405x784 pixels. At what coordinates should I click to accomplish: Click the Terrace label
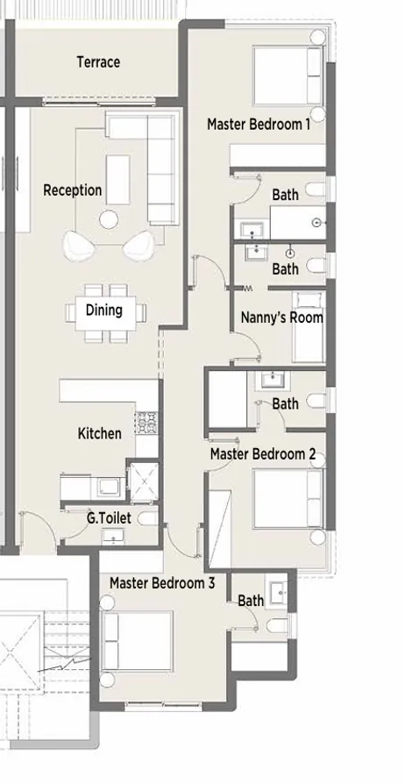pyautogui.click(x=98, y=62)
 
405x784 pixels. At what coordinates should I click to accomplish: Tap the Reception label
pyautogui.click(x=73, y=190)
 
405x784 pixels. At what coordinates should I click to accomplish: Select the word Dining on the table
pyautogui.click(x=103, y=310)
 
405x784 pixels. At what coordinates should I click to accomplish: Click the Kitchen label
pyautogui.click(x=100, y=433)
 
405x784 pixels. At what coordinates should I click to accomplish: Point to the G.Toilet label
pyautogui.click(x=109, y=518)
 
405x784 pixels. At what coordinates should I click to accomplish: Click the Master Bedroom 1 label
pyautogui.click(x=259, y=125)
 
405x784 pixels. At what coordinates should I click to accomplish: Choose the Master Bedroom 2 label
pyautogui.click(x=263, y=454)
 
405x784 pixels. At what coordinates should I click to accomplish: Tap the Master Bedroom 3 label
pyautogui.click(x=162, y=582)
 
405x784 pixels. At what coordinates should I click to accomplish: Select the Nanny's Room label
pyautogui.click(x=281, y=317)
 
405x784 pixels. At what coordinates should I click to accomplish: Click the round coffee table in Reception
pyautogui.click(x=110, y=219)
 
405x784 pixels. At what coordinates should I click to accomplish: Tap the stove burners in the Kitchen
pyautogui.click(x=146, y=425)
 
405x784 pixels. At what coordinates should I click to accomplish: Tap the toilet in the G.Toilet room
pyautogui.click(x=146, y=519)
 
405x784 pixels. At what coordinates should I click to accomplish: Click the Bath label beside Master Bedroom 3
pyautogui.click(x=251, y=601)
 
